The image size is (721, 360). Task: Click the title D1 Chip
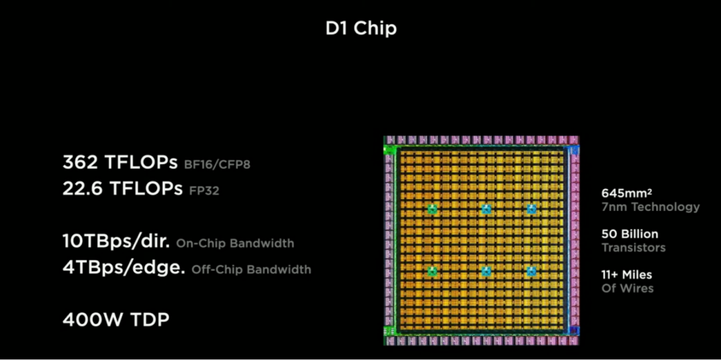(x=360, y=29)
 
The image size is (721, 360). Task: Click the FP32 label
(x=203, y=191)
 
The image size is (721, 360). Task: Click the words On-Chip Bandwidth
(x=235, y=243)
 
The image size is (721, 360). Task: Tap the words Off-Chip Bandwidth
(x=251, y=270)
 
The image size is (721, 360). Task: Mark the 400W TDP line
(x=116, y=320)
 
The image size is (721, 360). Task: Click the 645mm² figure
(x=627, y=193)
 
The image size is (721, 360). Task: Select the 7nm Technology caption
(x=650, y=207)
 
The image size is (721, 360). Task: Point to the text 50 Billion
(x=630, y=234)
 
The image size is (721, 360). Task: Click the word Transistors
(x=633, y=248)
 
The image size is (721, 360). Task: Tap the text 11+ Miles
(x=626, y=275)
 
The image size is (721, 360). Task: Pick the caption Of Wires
(x=627, y=289)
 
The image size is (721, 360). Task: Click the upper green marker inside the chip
(x=432, y=209)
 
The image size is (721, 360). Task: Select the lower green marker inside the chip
(x=432, y=271)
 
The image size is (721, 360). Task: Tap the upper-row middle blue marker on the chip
(x=486, y=209)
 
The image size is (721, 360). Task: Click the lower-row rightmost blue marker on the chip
(x=531, y=271)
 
